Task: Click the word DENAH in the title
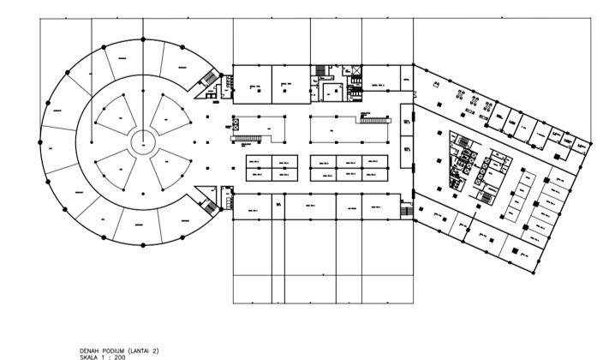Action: click(x=89, y=350)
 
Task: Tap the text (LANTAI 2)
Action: click(x=144, y=350)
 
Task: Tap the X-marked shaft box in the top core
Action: click(x=353, y=71)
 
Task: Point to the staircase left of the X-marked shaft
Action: click(x=320, y=69)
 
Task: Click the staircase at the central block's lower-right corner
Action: click(x=407, y=209)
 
